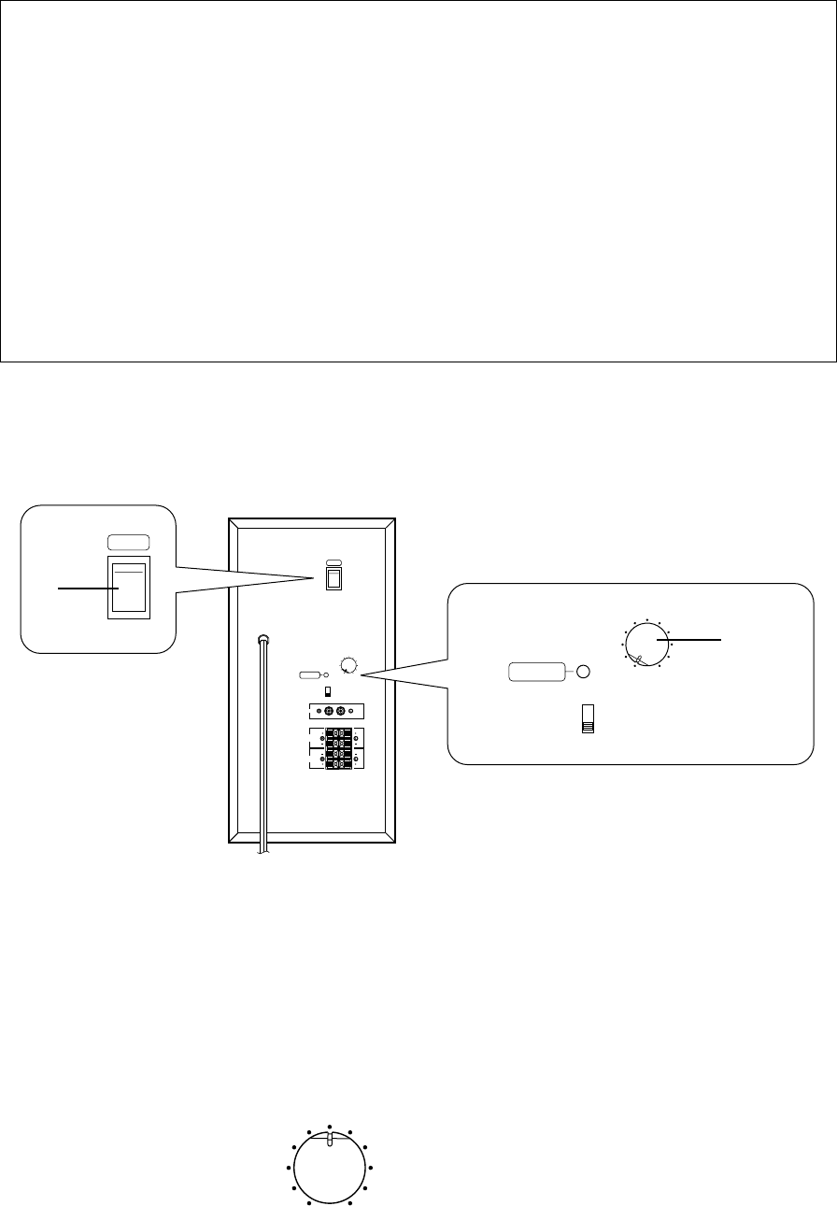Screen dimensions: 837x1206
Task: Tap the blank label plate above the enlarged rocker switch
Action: click(128, 543)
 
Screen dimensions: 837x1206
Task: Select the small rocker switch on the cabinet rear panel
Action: click(333, 578)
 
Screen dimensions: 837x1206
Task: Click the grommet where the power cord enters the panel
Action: click(263, 641)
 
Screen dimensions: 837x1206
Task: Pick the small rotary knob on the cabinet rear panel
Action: click(349, 665)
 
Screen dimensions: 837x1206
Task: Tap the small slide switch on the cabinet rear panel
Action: click(328, 692)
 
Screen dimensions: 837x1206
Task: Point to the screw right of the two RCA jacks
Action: click(351, 711)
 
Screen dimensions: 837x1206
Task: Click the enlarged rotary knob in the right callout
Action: click(646, 646)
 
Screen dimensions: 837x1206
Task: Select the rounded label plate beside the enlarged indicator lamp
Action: click(537, 672)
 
